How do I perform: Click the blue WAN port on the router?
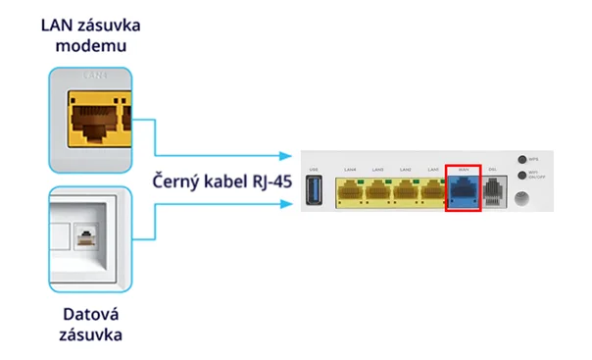coord(463,190)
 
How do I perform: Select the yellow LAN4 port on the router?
coord(350,190)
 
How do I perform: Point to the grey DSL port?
coord(493,190)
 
